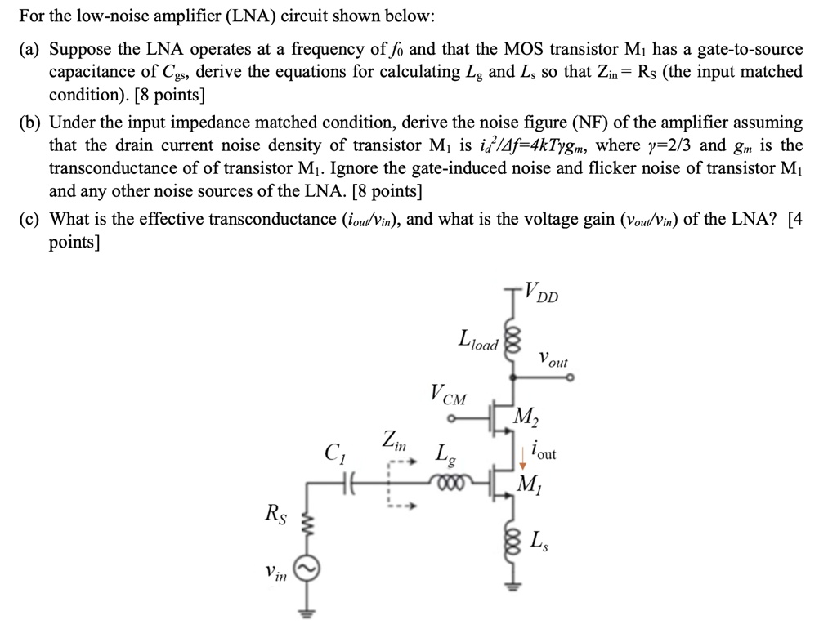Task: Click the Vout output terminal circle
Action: click(x=569, y=377)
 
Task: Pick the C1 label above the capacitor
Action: click(x=335, y=451)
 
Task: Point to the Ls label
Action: click(x=539, y=539)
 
